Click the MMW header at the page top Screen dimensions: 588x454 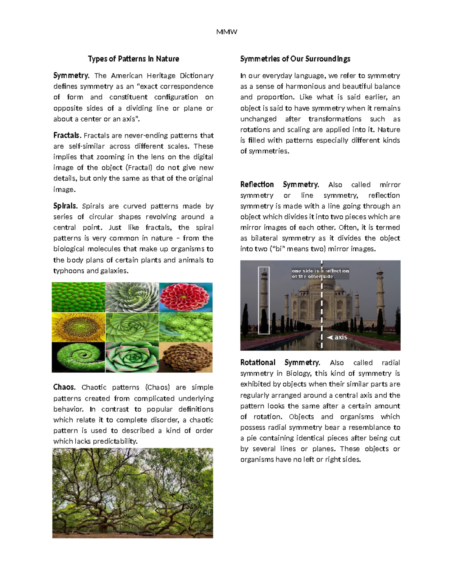coord(227,32)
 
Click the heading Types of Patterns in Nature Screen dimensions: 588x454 coord(133,59)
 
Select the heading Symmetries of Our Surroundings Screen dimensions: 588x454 coord(295,59)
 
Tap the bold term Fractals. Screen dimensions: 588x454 coord(67,135)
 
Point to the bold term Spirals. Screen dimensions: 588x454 coord(65,206)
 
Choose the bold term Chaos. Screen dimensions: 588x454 coord(64,387)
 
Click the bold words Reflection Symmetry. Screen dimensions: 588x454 coord(279,184)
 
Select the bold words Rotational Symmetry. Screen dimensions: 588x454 coord(280,362)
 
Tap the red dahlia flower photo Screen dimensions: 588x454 coord(186,297)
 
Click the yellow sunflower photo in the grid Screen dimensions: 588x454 coord(78,327)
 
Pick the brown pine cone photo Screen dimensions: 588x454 coord(186,357)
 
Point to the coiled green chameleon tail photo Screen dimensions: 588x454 coord(78,357)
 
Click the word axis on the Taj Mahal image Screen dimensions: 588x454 coord(340,337)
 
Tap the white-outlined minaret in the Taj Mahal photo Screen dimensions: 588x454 coord(264,300)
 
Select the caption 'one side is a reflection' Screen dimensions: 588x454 coord(320,271)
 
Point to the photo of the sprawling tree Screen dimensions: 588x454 coord(133,493)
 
